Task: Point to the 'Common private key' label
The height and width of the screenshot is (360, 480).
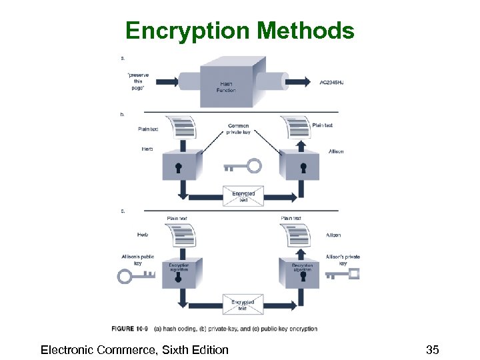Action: pyautogui.click(x=238, y=129)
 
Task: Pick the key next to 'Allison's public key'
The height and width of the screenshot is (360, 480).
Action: pyautogui.click(x=135, y=275)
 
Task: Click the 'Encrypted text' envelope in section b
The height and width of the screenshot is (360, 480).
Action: pyautogui.click(x=243, y=195)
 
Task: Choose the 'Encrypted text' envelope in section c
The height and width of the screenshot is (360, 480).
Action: pyautogui.click(x=243, y=305)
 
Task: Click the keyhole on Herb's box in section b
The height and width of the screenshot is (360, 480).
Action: pyautogui.click(x=179, y=167)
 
